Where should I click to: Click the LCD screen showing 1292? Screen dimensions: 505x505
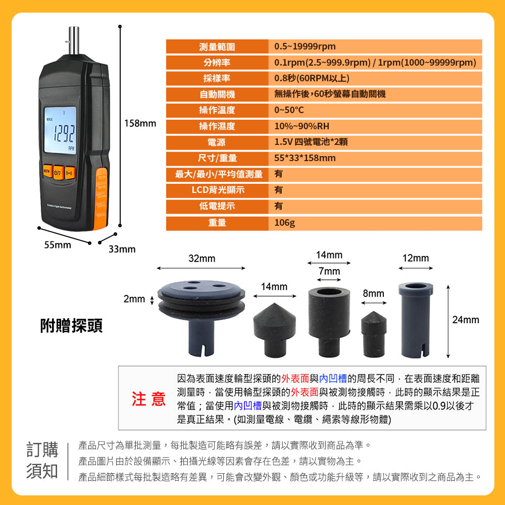coord(60,130)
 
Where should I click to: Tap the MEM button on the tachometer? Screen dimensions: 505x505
coord(47,171)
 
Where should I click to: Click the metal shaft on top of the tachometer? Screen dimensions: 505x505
coord(74,40)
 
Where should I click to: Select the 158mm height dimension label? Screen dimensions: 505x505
coord(140,123)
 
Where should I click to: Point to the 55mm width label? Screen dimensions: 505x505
coord(58,245)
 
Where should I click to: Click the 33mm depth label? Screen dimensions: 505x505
coord(122,249)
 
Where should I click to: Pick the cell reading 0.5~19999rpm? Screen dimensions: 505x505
coord(305,46)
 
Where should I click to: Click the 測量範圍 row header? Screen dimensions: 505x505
coord(217,46)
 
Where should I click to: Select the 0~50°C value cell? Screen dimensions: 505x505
coord(289,110)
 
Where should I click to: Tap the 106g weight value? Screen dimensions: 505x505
coord(284,223)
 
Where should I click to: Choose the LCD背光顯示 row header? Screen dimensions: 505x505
coord(218,190)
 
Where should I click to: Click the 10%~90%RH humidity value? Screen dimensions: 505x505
coord(302,126)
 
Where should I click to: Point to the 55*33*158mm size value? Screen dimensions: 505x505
coord(305,158)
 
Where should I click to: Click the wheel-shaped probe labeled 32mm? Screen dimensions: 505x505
coord(201,317)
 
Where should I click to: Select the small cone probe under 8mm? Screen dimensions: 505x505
coord(374,334)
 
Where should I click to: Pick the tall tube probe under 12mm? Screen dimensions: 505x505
coord(416,320)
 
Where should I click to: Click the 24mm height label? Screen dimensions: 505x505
coord(466,320)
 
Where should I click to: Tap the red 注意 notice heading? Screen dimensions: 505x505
coord(148,399)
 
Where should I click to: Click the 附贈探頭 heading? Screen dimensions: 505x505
coord(72,326)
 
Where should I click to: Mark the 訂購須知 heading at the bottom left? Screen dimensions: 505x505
coord(42,460)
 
